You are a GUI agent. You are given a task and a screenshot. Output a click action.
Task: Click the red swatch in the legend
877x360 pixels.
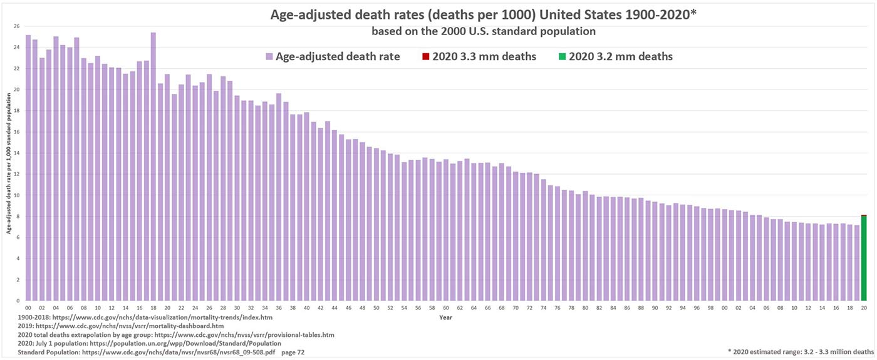(x=425, y=57)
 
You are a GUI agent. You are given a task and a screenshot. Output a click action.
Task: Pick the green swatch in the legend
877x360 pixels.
(x=562, y=57)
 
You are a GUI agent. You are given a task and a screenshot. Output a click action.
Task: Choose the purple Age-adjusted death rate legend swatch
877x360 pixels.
(x=269, y=57)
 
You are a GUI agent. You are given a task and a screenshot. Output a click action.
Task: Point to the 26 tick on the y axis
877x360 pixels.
(x=17, y=26)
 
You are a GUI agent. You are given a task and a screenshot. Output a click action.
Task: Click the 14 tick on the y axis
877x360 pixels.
(x=17, y=153)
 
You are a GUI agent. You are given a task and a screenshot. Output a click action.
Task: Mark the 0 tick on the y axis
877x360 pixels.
(x=18, y=301)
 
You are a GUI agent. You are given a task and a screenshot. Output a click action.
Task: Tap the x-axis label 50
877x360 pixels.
(x=376, y=308)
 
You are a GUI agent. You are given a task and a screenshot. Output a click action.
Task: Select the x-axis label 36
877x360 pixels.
(x=279, y=308)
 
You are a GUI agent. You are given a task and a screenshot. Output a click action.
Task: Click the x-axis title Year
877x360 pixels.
(x=445, y=317)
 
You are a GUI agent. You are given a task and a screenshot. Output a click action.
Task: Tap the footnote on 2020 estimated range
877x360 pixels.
(x=800, y=352)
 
